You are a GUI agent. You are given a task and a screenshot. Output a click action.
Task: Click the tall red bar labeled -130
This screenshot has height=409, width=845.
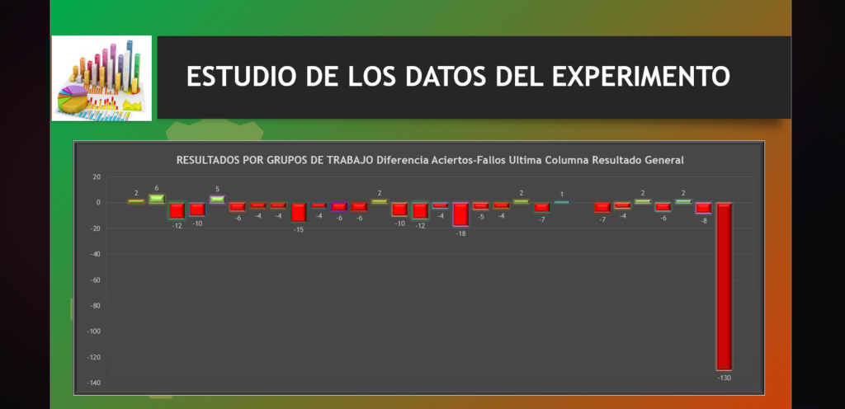pos(724,286)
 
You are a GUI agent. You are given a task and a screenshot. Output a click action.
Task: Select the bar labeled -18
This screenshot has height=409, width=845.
pos(460,214)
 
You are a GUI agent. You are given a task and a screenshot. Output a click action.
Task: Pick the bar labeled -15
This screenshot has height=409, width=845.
pos(299,212)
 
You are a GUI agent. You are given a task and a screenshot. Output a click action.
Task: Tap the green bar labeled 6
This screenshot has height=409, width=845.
pos(157,199)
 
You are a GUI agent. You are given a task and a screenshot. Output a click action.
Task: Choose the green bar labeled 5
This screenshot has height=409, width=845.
pos(218,199)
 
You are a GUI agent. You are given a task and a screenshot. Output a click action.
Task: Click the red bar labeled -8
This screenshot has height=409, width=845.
pos(704,208)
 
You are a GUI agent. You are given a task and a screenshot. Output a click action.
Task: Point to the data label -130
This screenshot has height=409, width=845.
pos(724,378)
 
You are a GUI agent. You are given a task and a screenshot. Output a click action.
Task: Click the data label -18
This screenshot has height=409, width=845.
pos(460,233)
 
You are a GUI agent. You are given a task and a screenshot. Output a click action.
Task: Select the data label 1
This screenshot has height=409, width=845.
pos(561,195)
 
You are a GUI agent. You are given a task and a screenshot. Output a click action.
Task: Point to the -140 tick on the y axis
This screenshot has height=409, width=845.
pos(94,383)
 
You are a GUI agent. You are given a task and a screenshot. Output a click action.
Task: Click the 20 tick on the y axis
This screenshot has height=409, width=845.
pos(97,176)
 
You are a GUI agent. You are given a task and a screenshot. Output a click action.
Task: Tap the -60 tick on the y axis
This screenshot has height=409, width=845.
pos(96,280)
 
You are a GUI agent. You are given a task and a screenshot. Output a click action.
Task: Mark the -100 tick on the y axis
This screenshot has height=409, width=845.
pos(94,331)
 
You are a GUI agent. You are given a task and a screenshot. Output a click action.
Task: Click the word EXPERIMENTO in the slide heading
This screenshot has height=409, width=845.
pos(640,77)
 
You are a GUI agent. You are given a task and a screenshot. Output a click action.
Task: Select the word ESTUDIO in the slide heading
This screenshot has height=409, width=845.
pos(242,77)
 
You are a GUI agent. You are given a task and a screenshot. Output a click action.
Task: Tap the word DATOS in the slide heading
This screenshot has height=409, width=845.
pos(446,77)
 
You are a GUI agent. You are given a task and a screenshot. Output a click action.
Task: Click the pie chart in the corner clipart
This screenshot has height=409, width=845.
pos(73,100)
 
